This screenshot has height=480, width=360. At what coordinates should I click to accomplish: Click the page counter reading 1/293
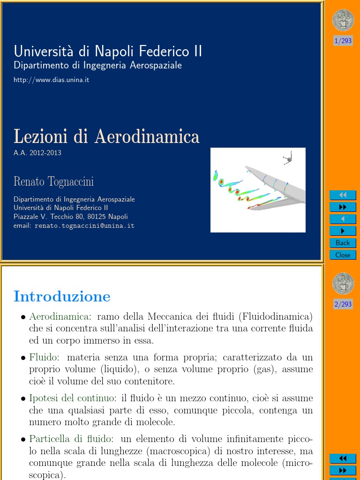coord(343,41)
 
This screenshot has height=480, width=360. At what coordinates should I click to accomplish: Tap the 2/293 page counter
coord(343,304)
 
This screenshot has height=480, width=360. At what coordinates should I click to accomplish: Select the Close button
coord(343,255)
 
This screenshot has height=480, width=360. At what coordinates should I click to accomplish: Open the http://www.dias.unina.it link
coord(52,80)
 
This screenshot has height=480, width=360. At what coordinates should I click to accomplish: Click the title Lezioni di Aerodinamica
coord(106,136)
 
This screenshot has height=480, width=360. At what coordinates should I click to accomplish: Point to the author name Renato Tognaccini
coord(54,181)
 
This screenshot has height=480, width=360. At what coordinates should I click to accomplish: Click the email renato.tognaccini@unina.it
coord(84,225)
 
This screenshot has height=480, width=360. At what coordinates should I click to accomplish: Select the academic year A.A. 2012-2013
coord(37,153)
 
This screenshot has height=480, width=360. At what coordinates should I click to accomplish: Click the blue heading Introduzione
coord(62,296)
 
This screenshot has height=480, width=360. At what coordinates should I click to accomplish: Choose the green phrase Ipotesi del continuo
coord(73,398)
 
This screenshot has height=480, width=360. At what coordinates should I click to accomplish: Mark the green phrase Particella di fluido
coord(71,439)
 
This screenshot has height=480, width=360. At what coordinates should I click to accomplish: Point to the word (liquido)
coord(130,369)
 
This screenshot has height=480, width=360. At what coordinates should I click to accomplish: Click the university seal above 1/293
coord(343,20)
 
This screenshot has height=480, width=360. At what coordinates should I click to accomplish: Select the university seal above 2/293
coord(343,284)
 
